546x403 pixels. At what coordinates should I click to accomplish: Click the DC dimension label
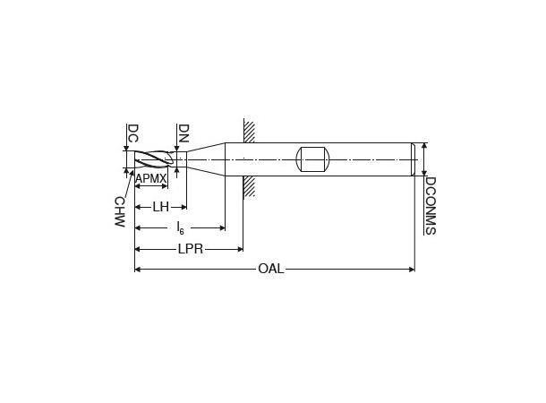click(x=132, y=133)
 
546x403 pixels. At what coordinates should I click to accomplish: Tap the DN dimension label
click(x=183, y=133)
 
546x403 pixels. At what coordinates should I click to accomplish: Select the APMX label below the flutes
click(x=150, y=179)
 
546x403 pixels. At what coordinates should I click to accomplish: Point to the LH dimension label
click(x=160, y=207)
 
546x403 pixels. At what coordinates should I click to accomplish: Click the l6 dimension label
click(x=180, y=227)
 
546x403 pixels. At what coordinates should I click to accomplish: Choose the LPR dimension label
click(x=190, y=249)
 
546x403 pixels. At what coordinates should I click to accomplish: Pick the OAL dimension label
click(x=270, y=269)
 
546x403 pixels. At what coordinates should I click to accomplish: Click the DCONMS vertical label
click(x=430, y=205)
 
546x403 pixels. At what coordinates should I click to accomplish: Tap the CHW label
click(x=118, y=211)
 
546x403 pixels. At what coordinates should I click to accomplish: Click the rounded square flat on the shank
click(x=312, y=159)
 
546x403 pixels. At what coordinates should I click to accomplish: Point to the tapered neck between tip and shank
click(x=206, y=159)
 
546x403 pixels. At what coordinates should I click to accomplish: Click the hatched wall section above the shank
click(x=249, y=132)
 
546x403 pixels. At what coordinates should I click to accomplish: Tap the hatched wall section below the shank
click(x=249, y=186)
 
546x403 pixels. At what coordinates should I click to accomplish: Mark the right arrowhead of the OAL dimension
click(x=412, y=269)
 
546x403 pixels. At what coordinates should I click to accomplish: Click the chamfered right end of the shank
click(x=413, y=159)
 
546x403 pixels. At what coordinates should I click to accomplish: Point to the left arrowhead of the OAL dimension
click(x=137, y=269)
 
